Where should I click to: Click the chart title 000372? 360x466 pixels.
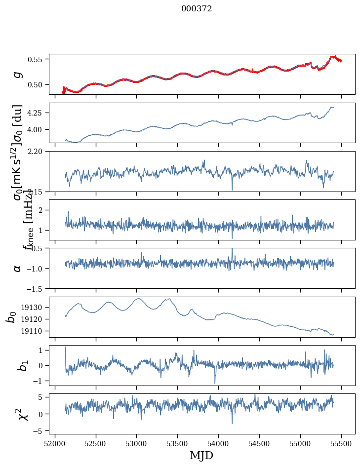point(197,8)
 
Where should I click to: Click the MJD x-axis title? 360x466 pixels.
point(201,455)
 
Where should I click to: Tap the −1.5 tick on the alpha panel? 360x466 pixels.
point(37,288)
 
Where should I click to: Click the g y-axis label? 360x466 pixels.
point(18,74)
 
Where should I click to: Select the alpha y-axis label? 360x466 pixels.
point(18,268)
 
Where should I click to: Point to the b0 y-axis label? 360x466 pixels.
point(11,316)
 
